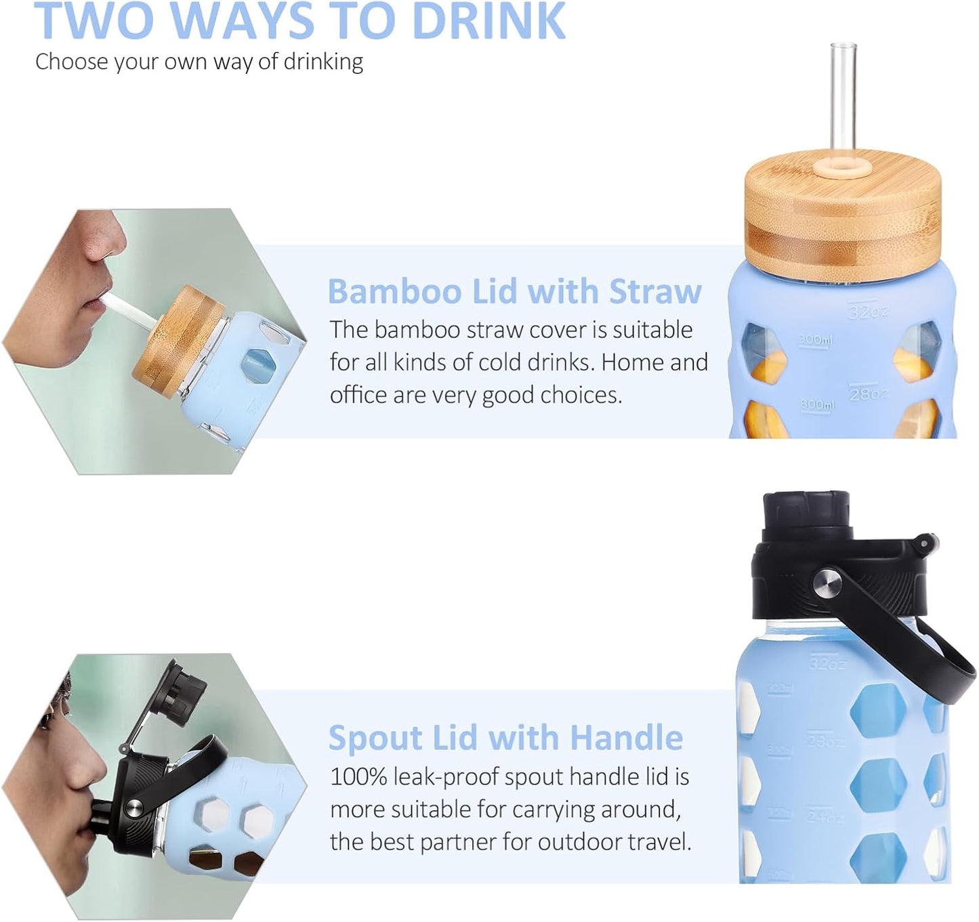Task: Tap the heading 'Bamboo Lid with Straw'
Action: click(x=514, y=291)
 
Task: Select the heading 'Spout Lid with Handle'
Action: click(x=505, y=737)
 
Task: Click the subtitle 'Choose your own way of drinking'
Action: click(x=199, y=62)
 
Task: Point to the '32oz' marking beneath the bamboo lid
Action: click(x=868, y=312)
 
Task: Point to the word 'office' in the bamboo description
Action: click(x=358, y=395)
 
